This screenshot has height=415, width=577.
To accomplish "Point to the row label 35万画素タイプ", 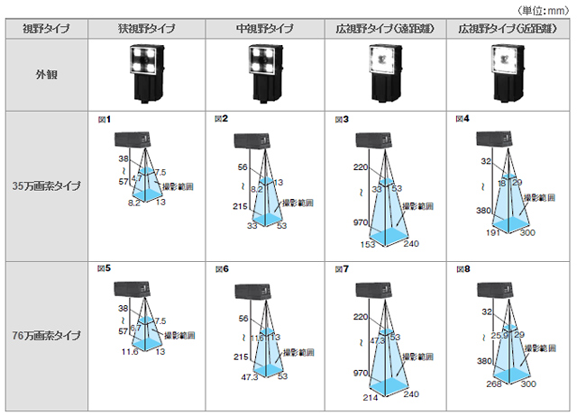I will coord(46,186).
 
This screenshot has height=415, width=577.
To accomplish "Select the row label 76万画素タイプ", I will coord(46,336).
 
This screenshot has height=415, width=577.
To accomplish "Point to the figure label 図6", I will coord(222,269).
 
